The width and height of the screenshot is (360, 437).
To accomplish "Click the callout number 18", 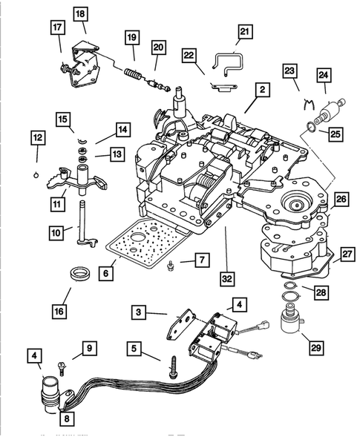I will pos(79,14).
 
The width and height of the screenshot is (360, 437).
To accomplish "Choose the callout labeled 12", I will pos(36,137).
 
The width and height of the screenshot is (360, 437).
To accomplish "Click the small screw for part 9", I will pos(62,365).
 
